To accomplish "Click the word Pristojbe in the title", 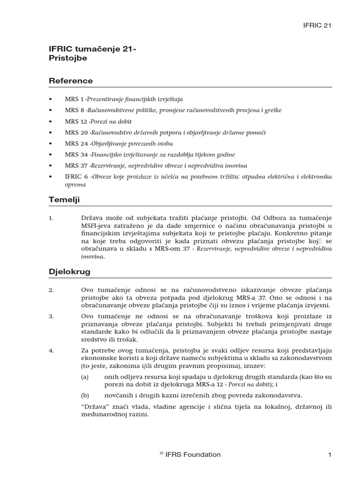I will click(x=68, y=58).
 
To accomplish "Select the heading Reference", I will click(x=71, y=81).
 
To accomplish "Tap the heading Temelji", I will click(x=65, y=200).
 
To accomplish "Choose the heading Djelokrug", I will click(x=70, y=272).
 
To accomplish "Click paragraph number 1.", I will click(x=52, y=218).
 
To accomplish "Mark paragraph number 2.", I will click(x=52, y=291).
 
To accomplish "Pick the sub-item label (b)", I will click(x=85, y=395).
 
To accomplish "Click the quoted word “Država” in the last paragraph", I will click(x=94, y=407).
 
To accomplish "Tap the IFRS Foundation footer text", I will click(x=190, y=454).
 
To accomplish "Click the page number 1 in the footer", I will click(x=330, y=454).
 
